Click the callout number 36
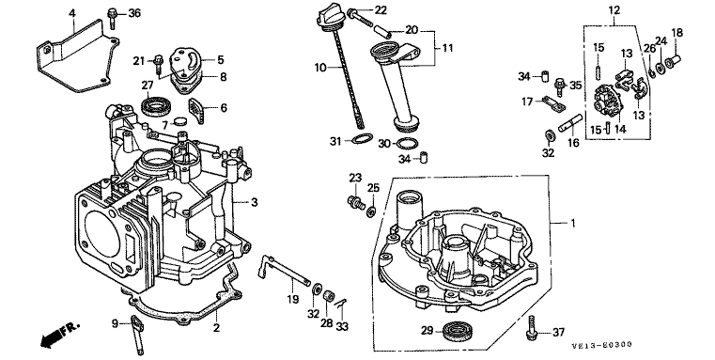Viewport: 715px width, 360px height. (x=134, y=14)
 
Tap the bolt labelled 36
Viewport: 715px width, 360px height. (x=112, y=19)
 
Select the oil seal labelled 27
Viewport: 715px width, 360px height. (x=156, y=106)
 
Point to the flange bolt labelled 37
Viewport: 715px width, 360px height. (x=532, y=328)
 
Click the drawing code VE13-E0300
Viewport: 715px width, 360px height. (x=602, y=345)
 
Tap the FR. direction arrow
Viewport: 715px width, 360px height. (x=58, y=336)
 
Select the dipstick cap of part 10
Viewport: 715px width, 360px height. (x=326, y=17)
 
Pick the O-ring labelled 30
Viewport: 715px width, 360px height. (x=407, y=143)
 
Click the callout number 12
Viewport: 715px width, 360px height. (x=614, y=8)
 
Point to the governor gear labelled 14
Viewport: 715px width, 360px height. (x=608, y=101)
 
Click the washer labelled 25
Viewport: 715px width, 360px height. (x=372, y=210)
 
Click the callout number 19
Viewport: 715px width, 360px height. (x=293, y=299)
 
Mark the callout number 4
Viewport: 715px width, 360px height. (x=72, y=12)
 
